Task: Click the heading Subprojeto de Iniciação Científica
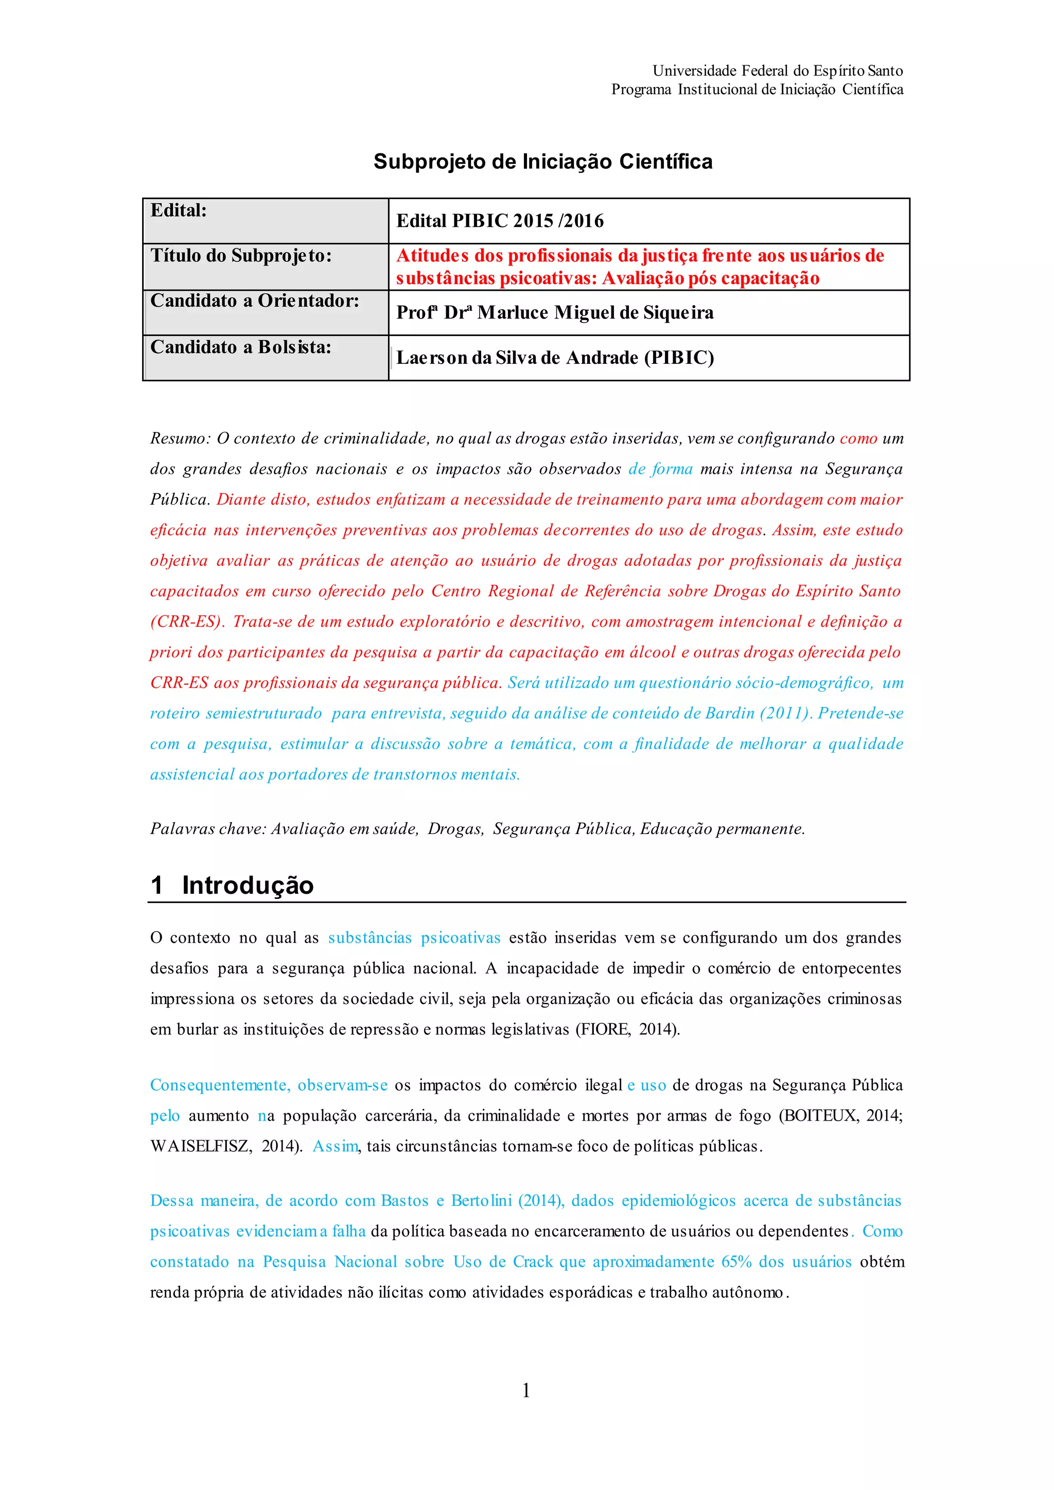(542, 162)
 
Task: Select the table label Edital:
(179, 210)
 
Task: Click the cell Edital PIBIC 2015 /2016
(500, 221)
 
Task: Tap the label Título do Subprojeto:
(241, 256)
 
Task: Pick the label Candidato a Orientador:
(254, 301)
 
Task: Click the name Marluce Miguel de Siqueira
(595, 313)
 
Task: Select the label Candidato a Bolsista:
(241, 347)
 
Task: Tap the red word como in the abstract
(858, 439)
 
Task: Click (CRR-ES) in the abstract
(186, 622)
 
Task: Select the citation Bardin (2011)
(757, 713)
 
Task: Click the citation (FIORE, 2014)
(627, 1029)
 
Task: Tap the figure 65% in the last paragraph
(736, 1262)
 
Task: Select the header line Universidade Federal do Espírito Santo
(778, 70)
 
